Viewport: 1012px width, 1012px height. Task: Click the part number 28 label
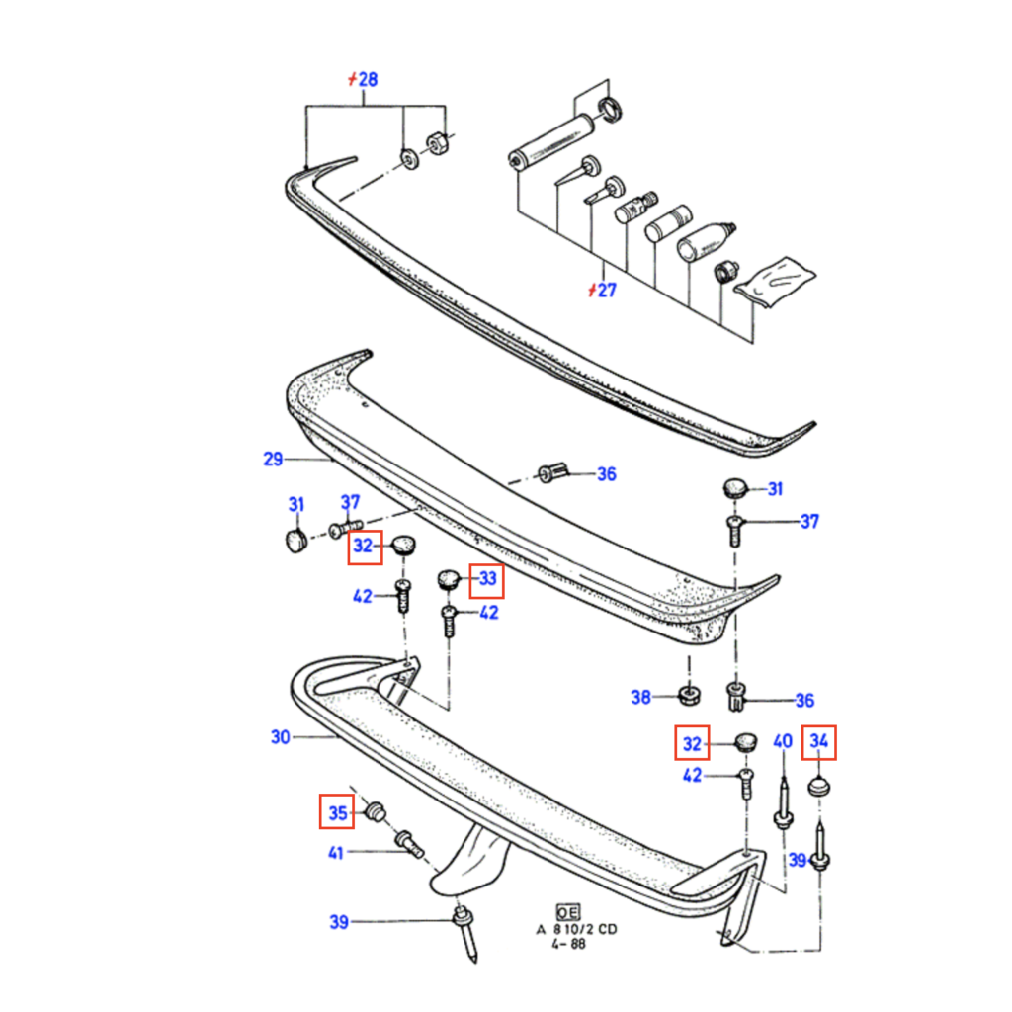(366, 80)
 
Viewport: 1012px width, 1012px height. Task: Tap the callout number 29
(273, 459)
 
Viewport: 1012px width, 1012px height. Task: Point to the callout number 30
(280, 737)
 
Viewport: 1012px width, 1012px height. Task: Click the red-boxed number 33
(487, 579)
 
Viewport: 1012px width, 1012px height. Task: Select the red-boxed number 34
(820, 741)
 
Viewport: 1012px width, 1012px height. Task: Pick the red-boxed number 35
(338, 812)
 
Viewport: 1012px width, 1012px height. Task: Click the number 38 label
(641, 698)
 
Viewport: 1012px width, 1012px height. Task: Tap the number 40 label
(782, 741)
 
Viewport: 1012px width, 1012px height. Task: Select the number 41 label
(336, 852)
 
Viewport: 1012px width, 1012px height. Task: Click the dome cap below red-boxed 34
(819, 788)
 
